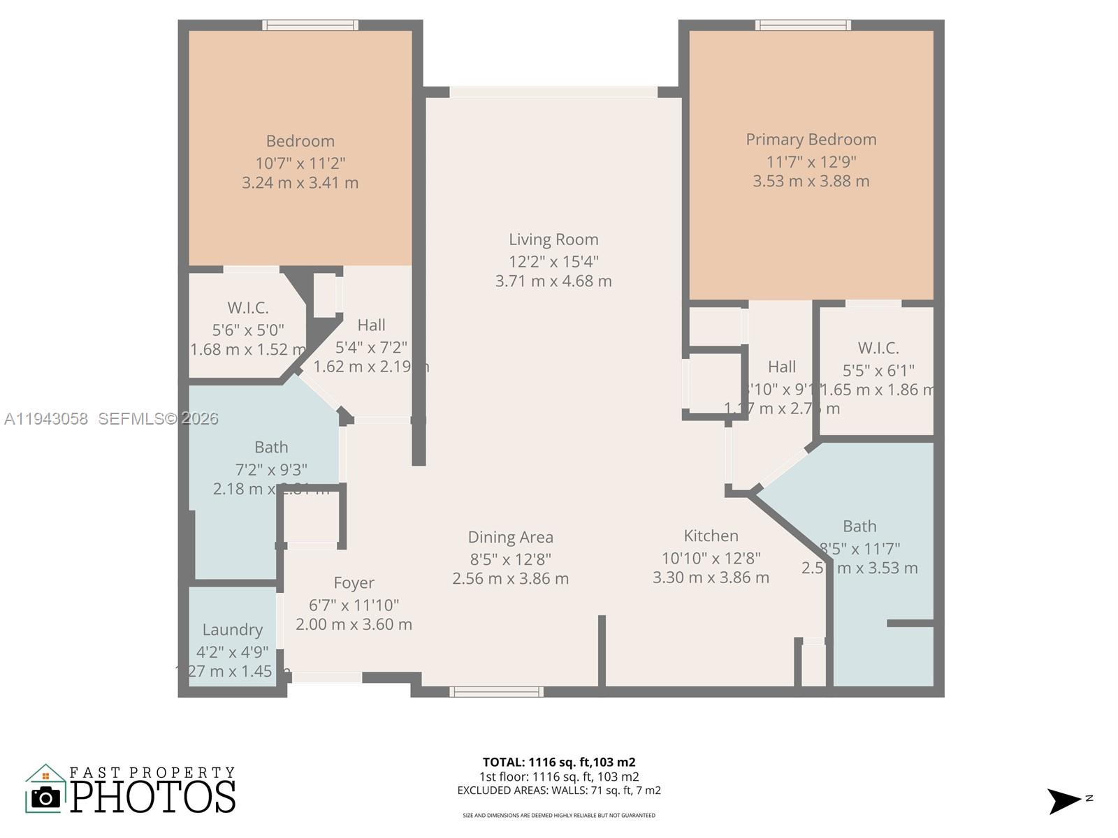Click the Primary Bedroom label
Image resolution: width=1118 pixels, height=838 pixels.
pyautogui.click(x=811, y=140)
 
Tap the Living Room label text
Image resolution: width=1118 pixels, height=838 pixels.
pyautogui.click(x=553, y=240)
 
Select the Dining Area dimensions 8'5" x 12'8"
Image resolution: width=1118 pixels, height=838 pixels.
pyautogui.click(x=510, y=559)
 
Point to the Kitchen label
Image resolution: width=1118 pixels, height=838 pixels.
pyautogui.click(x=711, y=536)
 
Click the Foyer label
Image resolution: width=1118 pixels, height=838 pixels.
pyautogui.click(x=354, y=582)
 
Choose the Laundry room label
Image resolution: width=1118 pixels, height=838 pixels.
pyautogui.click(x=233, y=629)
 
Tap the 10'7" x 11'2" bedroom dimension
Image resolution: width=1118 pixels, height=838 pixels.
pyautogui.click(x=300, y=163)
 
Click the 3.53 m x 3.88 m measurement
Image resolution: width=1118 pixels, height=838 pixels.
pyautogui.click(x=811, y=182)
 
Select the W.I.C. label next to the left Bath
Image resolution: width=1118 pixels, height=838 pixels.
pyautogui.click(x=247, y=308)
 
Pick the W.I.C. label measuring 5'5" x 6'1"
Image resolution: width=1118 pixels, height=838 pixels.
pyautogui.click(x=878, y=348)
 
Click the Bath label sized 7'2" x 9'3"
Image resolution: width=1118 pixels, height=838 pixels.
pyautogui.click(x=271, y=447)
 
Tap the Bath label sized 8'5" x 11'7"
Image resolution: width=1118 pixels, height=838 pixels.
pyautogui.click(x=859, y=526)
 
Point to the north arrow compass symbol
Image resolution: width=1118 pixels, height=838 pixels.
pyautogui.click(x=1064, y=800)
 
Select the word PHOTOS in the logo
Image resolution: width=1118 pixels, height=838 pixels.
pyautogui.click(x=153, y=797)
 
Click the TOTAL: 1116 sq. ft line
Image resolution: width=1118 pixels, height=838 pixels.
pyautogui.click(x=558, y=763)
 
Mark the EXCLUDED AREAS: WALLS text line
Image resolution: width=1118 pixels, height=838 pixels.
pyautogui.click(x=558, y=791)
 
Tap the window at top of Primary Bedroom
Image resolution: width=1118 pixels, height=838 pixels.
pyautogui.click(x=803, y=25)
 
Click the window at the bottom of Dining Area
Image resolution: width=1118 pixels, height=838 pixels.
pyautogui.click(x=496, y=691)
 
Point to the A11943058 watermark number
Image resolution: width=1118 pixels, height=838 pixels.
pyautogui.click(x=46, y=419)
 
